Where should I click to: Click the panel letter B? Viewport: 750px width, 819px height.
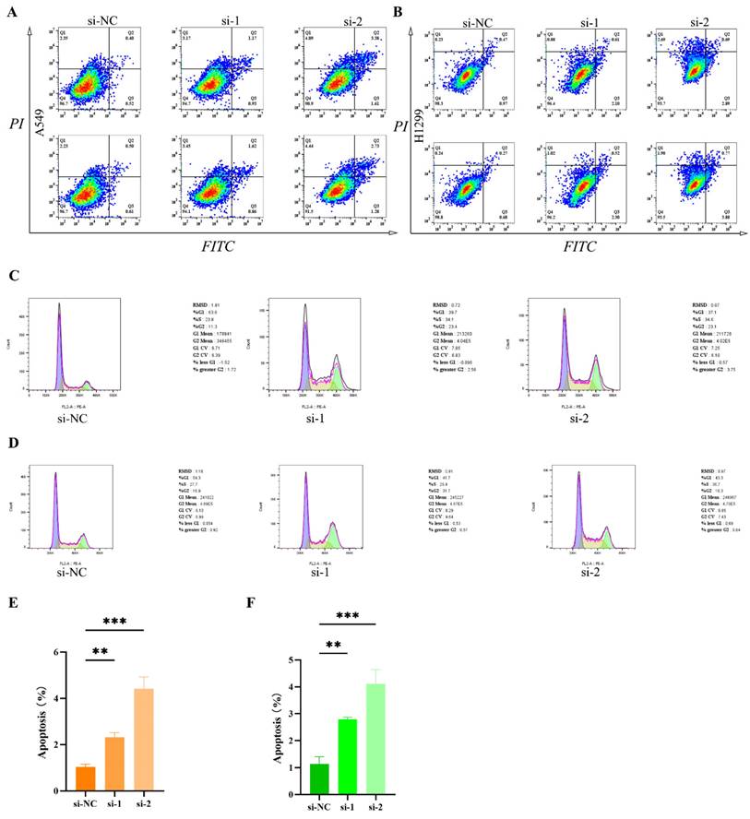pos(398,12)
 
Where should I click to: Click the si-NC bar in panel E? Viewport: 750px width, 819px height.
pos(85,778)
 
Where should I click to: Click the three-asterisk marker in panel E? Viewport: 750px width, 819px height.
pos(115,623)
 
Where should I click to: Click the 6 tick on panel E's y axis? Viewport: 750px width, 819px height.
pos(60,653)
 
